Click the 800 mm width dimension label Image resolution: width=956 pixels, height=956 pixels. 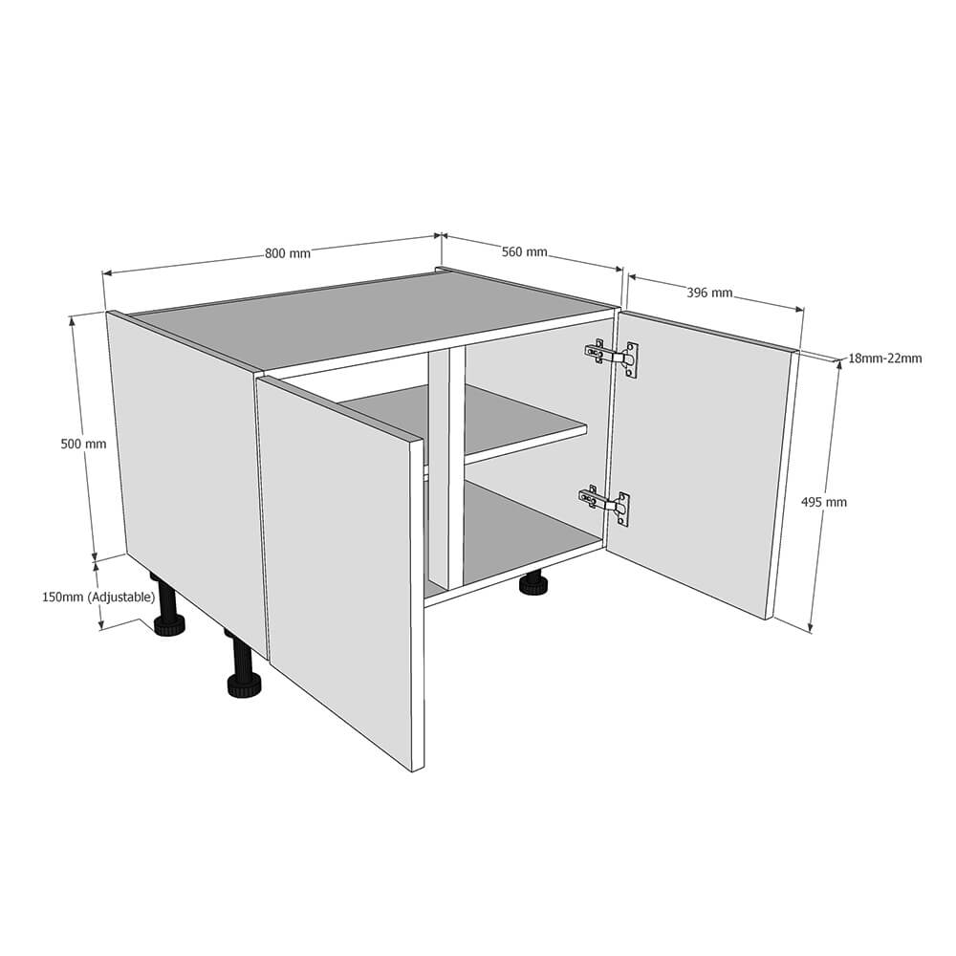click(287, 252)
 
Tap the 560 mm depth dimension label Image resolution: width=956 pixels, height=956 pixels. click(524, 251)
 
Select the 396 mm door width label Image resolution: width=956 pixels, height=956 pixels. click(709, 293)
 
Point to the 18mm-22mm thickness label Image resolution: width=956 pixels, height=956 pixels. click(885, 358)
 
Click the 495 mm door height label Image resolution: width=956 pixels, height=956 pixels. click(824, 502)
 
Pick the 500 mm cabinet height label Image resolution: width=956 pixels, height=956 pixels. click(83, 444)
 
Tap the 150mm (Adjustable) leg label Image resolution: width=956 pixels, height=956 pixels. click(98, 597)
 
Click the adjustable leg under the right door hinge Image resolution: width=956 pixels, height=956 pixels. click(534, 582)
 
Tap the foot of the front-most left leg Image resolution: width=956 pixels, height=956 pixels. click(245, 686)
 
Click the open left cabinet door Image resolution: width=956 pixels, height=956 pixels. click(340, 573)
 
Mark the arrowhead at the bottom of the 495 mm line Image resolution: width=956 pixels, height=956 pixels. click(811, 627)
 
